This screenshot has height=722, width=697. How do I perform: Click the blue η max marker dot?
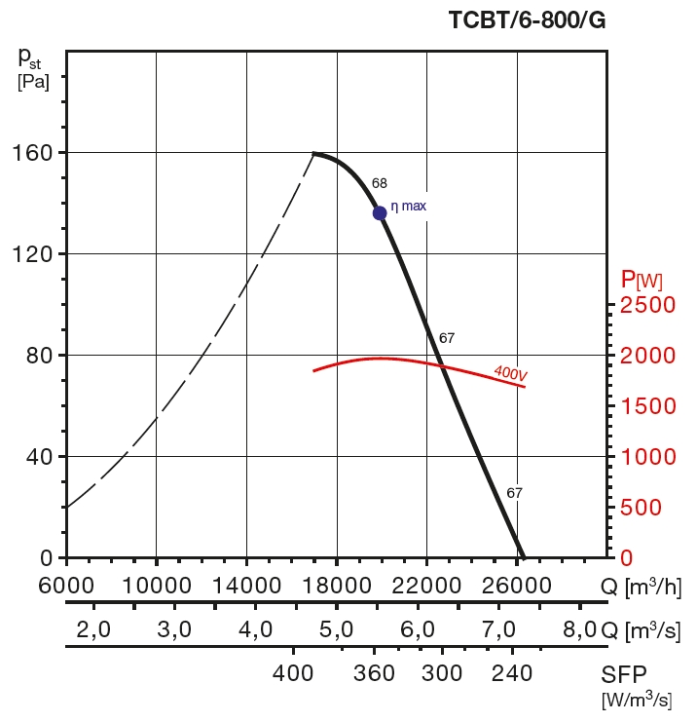pos(380,212)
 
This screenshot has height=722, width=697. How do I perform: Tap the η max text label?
pos(409,207)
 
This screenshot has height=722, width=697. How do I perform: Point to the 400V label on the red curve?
pos(510,372)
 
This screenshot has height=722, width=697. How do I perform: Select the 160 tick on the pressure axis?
pos(32,153)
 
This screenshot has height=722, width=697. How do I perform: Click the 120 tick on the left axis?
pos(32,254)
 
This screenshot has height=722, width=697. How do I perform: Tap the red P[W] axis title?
pos(642,281)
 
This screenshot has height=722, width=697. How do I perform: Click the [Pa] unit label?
pos(33,82)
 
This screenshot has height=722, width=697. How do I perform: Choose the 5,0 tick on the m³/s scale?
pos(336,629)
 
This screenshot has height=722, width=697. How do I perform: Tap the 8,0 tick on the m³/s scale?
pos(579,629)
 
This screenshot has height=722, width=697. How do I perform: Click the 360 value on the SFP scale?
pos(374,674)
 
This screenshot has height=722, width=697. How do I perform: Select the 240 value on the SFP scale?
pos(512,674)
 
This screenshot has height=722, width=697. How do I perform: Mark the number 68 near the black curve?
pos(380,183)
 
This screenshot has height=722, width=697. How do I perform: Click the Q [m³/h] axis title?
pos(642,586)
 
